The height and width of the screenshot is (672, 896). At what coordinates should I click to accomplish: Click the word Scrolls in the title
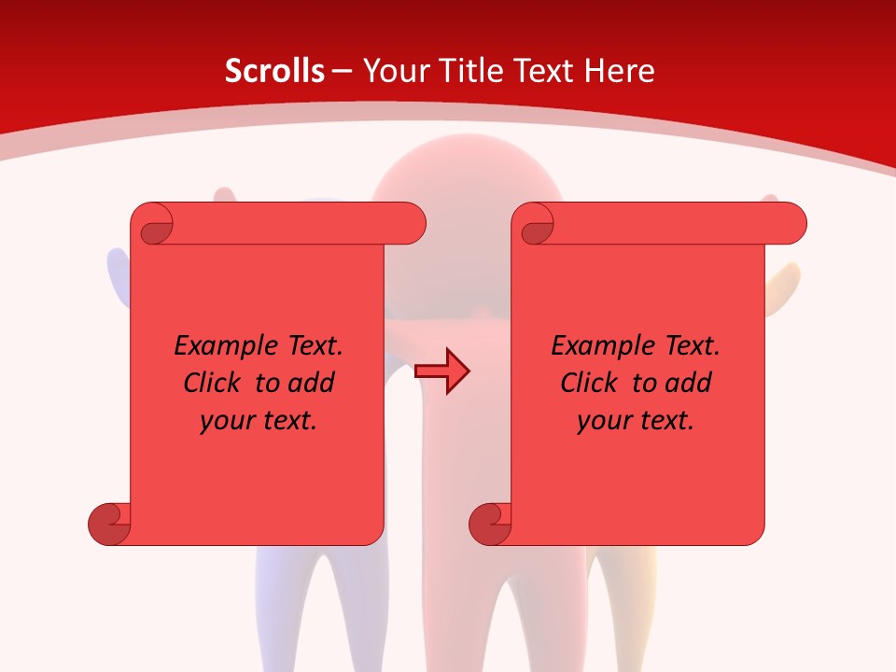[274, 71]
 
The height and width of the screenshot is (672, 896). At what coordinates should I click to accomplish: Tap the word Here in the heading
[619, 71]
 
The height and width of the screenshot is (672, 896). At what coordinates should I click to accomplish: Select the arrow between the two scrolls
[442, 371]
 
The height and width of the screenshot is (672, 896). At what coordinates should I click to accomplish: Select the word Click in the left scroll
[210, 383]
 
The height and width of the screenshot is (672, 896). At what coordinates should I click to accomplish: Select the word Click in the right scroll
[588, 383]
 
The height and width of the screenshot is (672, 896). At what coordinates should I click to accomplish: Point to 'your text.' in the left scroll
[259, 421]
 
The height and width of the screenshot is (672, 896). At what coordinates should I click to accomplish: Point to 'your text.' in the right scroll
[636, 421]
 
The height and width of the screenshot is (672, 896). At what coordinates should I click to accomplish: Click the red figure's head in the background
[467, 173]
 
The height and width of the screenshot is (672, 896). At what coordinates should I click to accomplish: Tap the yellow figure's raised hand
[786, 280]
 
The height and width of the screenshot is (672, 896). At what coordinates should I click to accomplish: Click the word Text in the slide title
[542, 71]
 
